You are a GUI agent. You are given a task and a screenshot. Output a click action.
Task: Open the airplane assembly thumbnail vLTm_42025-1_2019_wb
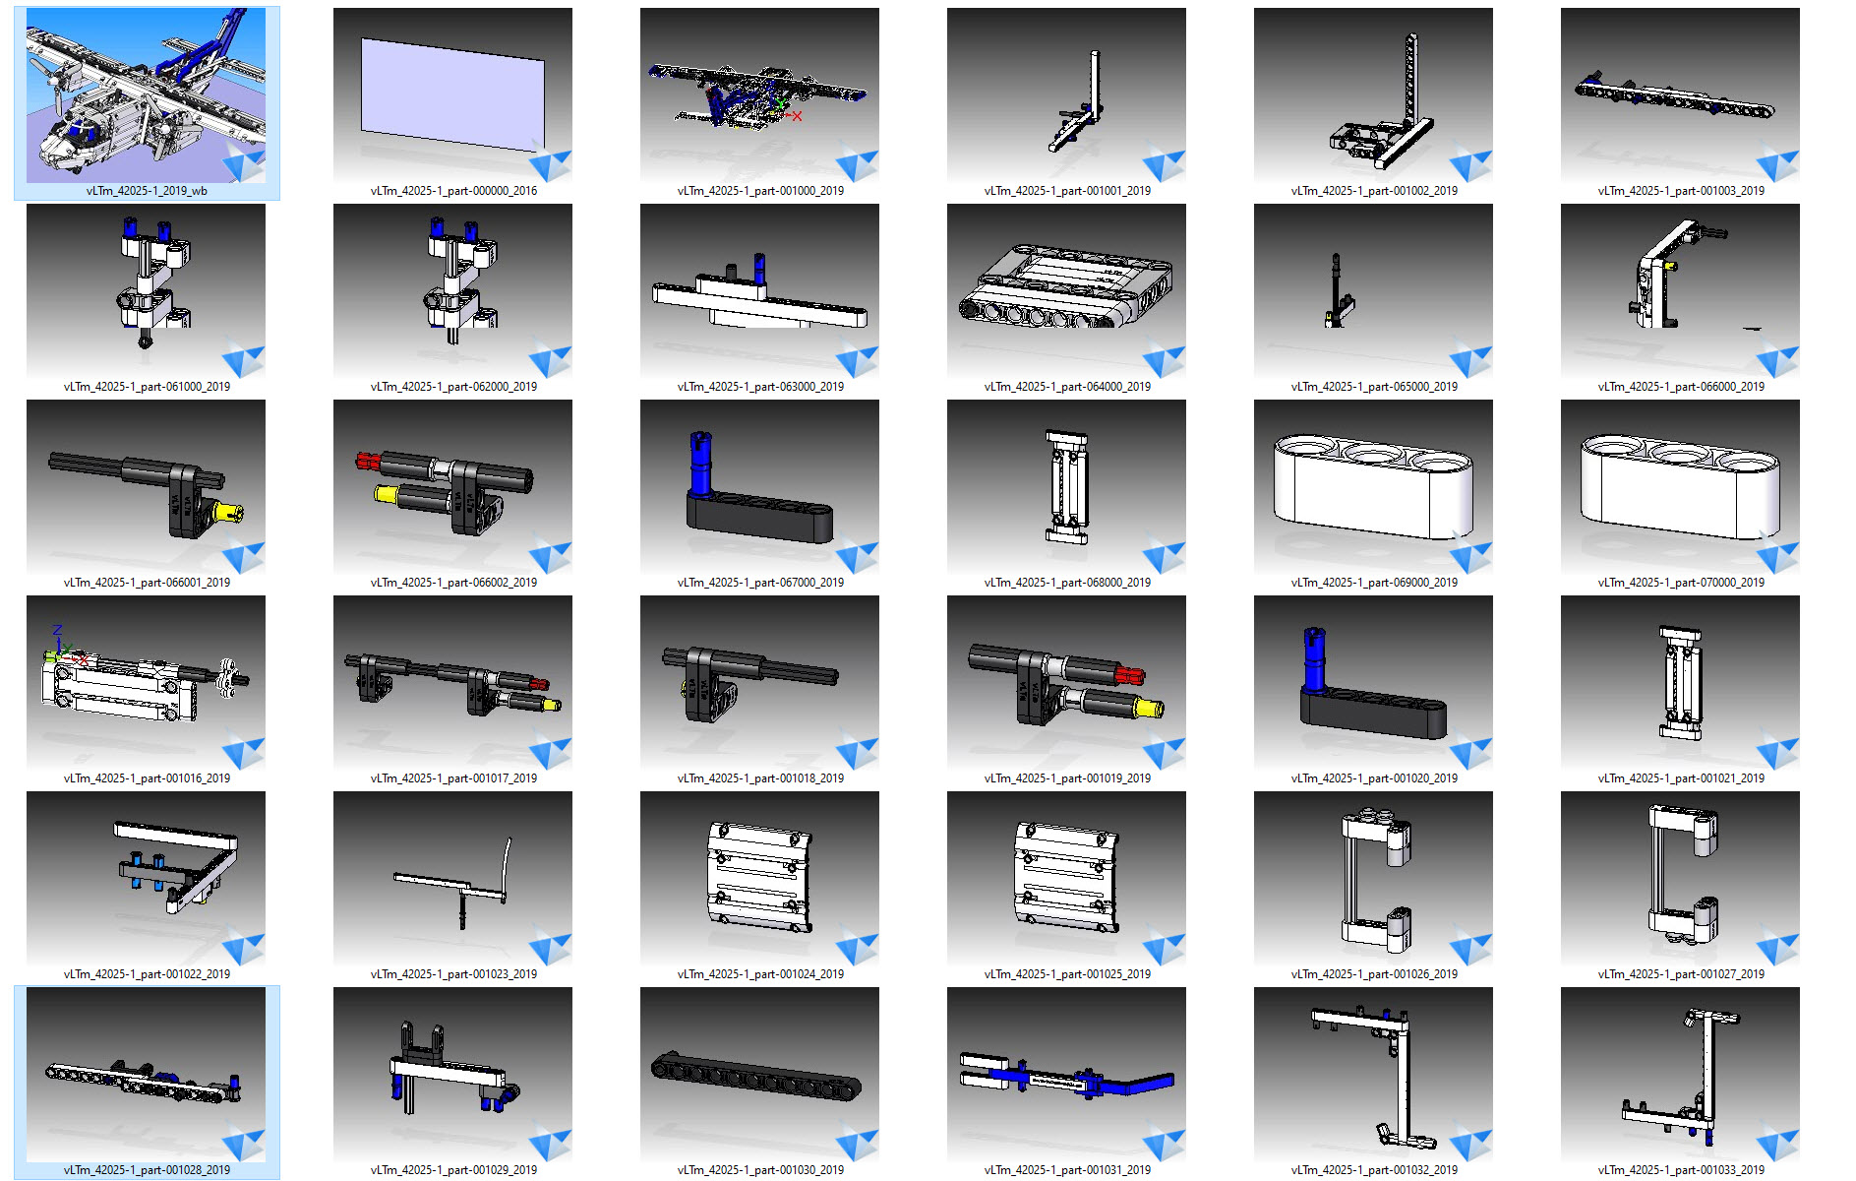click(146, 95)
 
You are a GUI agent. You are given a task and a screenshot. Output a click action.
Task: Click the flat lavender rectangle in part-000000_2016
click(453, 94)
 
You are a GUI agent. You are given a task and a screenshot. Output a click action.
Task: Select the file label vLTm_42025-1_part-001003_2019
click(1681, 191)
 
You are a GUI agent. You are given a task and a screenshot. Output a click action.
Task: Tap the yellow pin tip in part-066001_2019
click(230, 512)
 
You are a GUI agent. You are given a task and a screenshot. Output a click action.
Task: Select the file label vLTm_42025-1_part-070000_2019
click(1681, 583)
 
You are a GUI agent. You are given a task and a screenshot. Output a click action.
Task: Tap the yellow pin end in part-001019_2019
click(1149, 708)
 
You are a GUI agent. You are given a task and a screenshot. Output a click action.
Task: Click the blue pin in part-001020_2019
click(1314, 659)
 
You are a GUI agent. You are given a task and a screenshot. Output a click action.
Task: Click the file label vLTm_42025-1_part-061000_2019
click(147, 387)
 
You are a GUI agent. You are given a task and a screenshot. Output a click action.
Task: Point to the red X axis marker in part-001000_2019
click(797, 116)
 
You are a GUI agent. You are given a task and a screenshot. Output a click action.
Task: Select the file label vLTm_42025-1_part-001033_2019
click(1681, 1170)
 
